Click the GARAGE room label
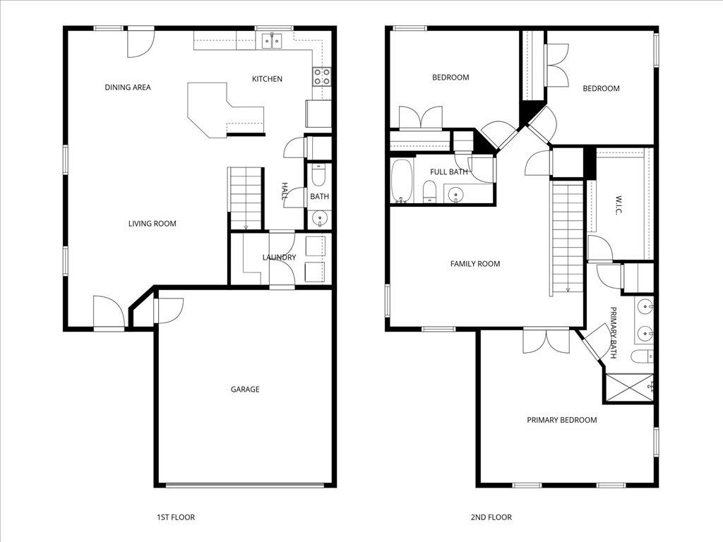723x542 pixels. point(245,389)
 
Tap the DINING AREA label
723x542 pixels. point(128,88)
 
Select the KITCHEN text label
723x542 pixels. point(267,79)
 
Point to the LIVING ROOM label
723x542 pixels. point(152,224)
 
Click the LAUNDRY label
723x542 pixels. point(279,258)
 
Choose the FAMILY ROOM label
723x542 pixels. point(474,264)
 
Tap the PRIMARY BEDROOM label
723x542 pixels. point(561,420)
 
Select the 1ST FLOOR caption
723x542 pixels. point(175,517)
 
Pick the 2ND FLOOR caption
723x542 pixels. point(491,517)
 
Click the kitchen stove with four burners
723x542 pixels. point(321,76)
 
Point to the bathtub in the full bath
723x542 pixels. point(401,181)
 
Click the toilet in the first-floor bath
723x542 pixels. point(318,174)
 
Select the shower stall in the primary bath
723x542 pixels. point(628,387)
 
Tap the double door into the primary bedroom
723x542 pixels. point(546,340)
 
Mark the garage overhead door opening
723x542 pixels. point(245,485)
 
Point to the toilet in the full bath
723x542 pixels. point(429,191)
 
